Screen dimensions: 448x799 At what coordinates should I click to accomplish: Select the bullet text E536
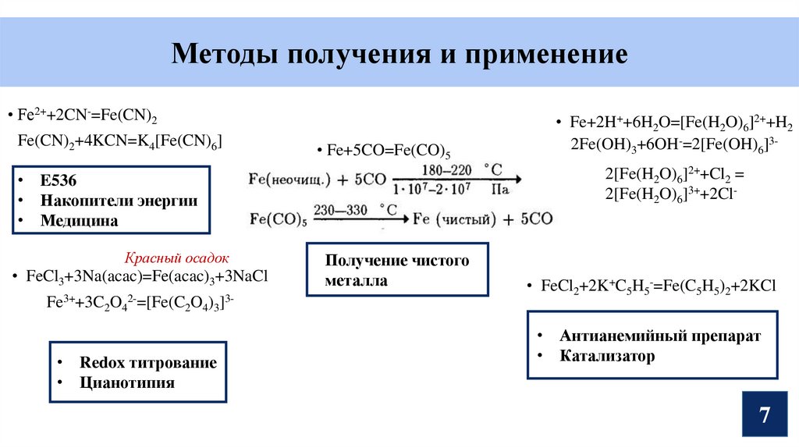(x=59, y=180)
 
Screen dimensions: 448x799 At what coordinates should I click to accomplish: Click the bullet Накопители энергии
(x=119, y=201)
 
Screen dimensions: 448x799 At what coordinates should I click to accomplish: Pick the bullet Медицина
(x=80, y=221)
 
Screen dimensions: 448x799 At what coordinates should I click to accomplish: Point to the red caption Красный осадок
(x=176, y=258)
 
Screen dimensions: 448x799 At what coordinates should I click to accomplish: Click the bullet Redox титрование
(x=148, y=363)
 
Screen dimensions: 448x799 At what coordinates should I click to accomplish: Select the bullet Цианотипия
(x=127, y=383)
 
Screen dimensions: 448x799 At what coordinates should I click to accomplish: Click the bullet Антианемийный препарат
(x=659, y=336)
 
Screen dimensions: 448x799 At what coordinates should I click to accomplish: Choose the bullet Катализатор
(x=607, y=357)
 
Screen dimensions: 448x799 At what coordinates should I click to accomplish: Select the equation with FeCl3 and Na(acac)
(x=147, y=277)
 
